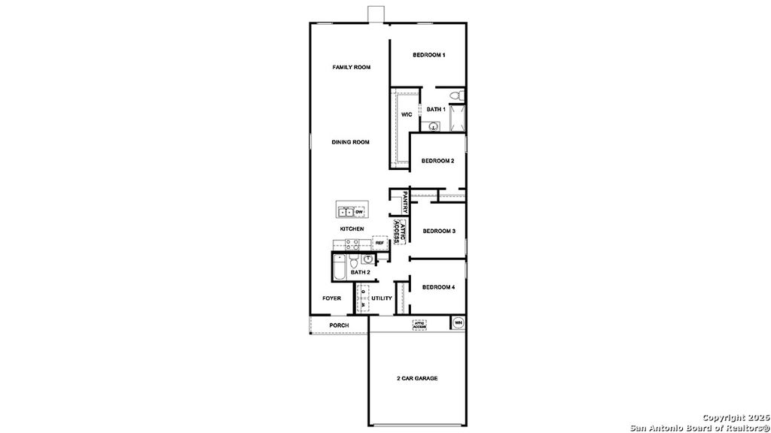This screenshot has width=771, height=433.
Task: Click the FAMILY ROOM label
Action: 352,68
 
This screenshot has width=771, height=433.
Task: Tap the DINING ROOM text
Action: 351,142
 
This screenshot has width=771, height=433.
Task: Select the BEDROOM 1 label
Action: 429,55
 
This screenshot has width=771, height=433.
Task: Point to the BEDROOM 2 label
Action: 437,161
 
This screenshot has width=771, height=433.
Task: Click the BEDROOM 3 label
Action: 439,231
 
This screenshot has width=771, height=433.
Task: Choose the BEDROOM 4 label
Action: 438,287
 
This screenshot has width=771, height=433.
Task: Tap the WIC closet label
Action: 406,114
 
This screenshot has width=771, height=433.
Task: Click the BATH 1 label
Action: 436,110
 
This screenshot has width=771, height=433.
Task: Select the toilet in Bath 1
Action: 454,95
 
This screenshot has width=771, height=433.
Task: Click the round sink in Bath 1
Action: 434,127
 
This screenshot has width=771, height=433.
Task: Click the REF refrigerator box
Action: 380,244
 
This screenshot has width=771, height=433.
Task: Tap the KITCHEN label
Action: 352,229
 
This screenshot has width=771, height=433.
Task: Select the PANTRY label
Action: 405,204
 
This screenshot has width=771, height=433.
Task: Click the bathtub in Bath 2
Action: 339,268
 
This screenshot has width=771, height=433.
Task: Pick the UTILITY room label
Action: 382,298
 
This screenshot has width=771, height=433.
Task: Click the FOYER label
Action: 332,298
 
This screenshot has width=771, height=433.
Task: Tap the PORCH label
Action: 339,326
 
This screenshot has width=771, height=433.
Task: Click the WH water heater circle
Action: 458,323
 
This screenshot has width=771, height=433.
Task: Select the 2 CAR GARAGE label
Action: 417,378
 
